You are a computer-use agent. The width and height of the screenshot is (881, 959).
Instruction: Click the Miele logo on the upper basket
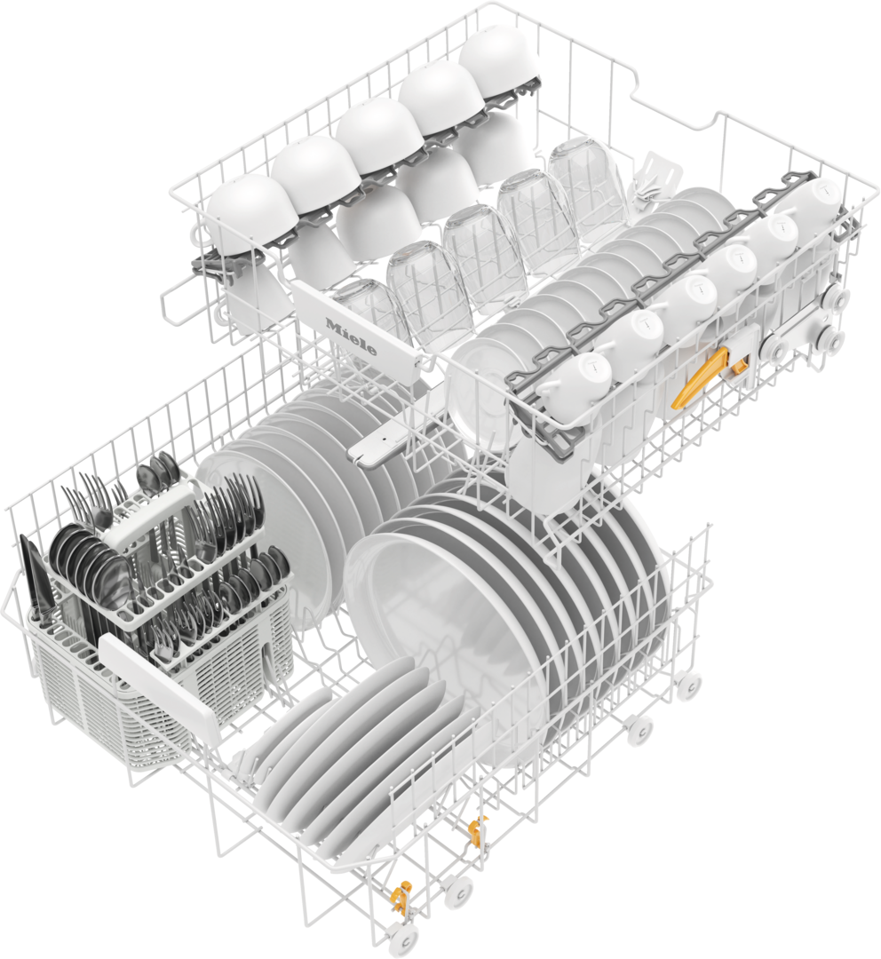(x=352, y=336)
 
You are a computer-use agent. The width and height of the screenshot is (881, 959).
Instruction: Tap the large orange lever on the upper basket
(x=697, y=378)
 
